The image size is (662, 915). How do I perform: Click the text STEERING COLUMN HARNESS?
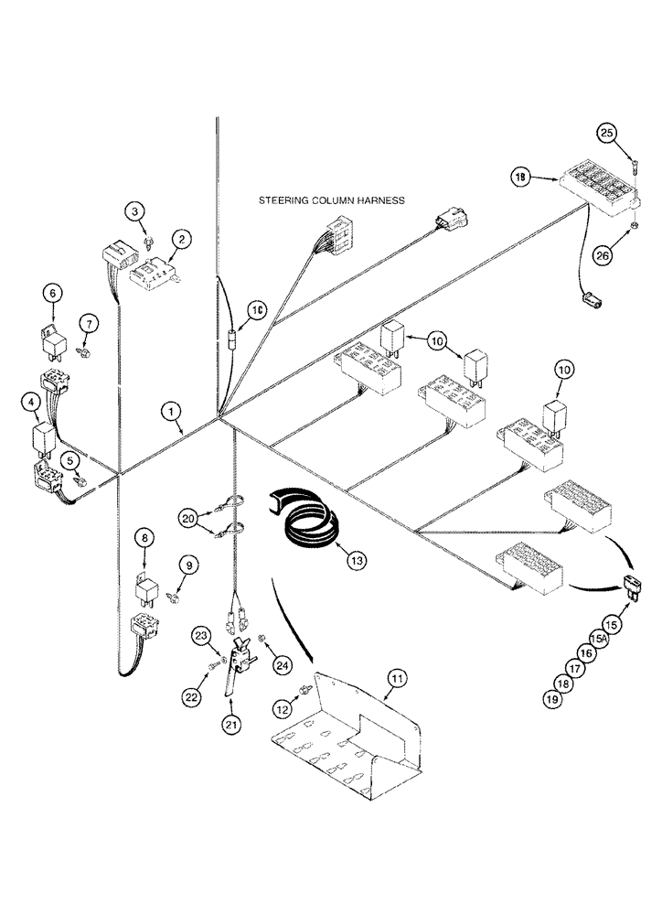click(x=332, y=199)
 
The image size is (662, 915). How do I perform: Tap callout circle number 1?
click(x=171, y=413)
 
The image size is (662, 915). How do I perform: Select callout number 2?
click(x=182, y=240)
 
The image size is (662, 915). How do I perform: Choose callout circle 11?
click(x=396, y=678)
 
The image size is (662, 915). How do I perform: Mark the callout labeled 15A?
click(x=599, y=637)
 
